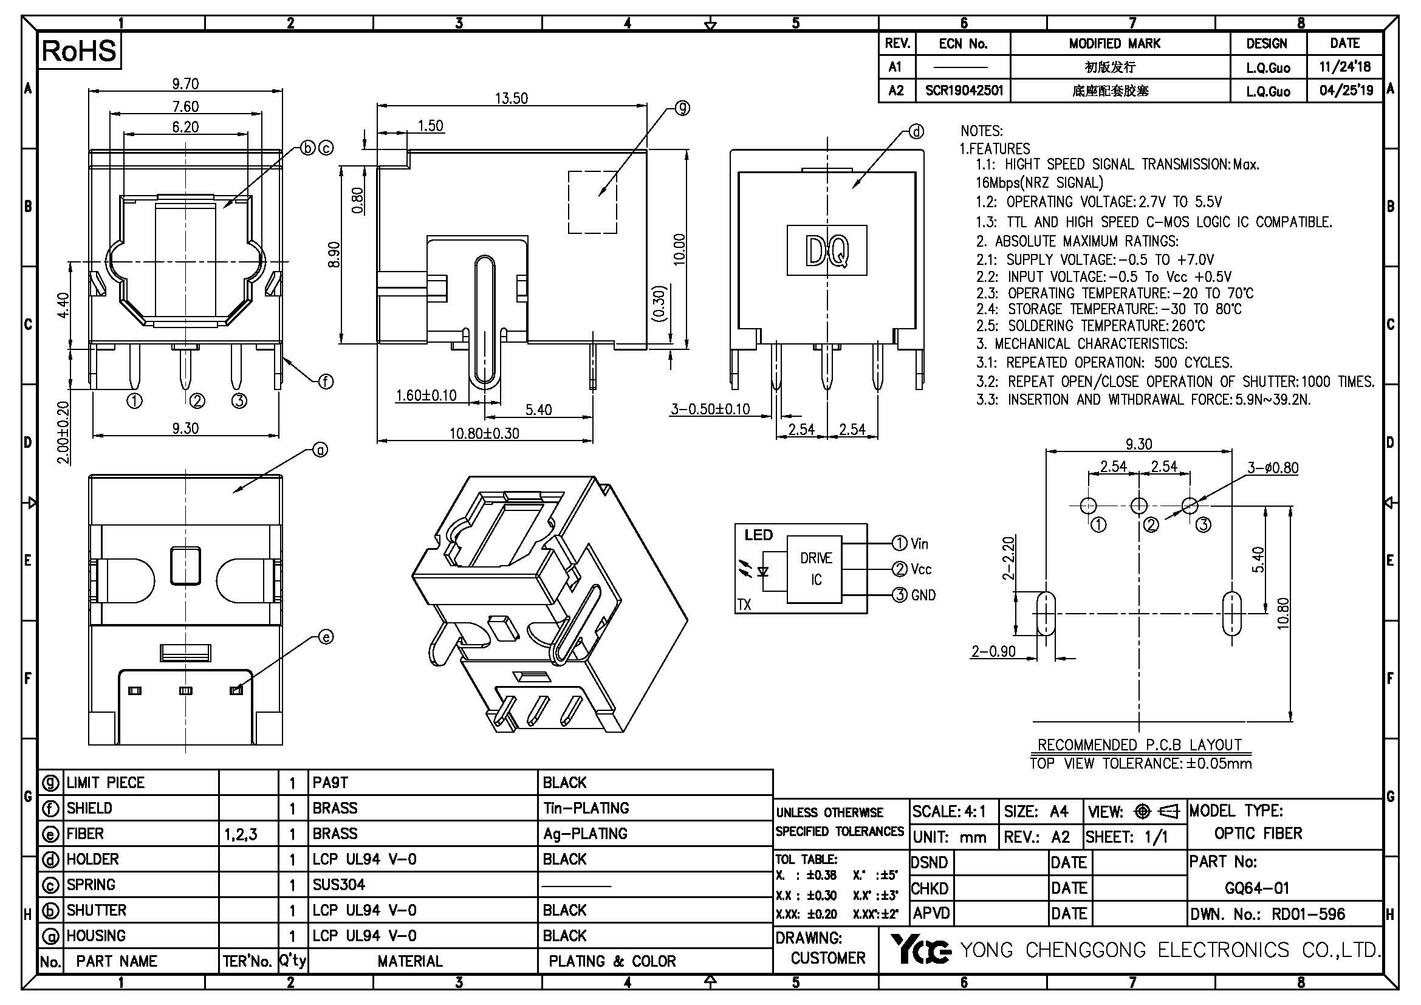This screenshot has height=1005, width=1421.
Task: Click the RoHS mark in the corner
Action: coord(79,51)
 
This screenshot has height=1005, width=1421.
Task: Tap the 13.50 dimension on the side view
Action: coord(511,98)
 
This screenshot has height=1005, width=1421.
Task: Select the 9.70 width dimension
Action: coord(186,83)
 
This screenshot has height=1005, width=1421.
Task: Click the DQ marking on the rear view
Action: coord(826,250)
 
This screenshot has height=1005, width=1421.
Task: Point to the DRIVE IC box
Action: coord(815,569)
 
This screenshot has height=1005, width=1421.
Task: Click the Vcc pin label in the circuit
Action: coord(920,569)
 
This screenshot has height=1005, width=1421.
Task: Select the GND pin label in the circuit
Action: coord(923,595)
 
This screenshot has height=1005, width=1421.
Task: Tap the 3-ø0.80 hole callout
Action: coord(1273,468)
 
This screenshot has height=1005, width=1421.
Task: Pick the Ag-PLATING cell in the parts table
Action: coord(585,834)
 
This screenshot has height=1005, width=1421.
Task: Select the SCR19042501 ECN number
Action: coord(964,91)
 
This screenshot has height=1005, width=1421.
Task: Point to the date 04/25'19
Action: coord(1346,91)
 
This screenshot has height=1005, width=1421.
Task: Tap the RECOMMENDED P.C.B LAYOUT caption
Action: coord(1139,744)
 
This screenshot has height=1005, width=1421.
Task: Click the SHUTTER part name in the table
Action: coord(97,910)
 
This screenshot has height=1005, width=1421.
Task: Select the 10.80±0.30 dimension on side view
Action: coord(484,433)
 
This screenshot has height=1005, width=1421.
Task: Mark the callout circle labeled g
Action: coord(682,108)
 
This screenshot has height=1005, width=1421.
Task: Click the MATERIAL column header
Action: coord(409,961)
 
